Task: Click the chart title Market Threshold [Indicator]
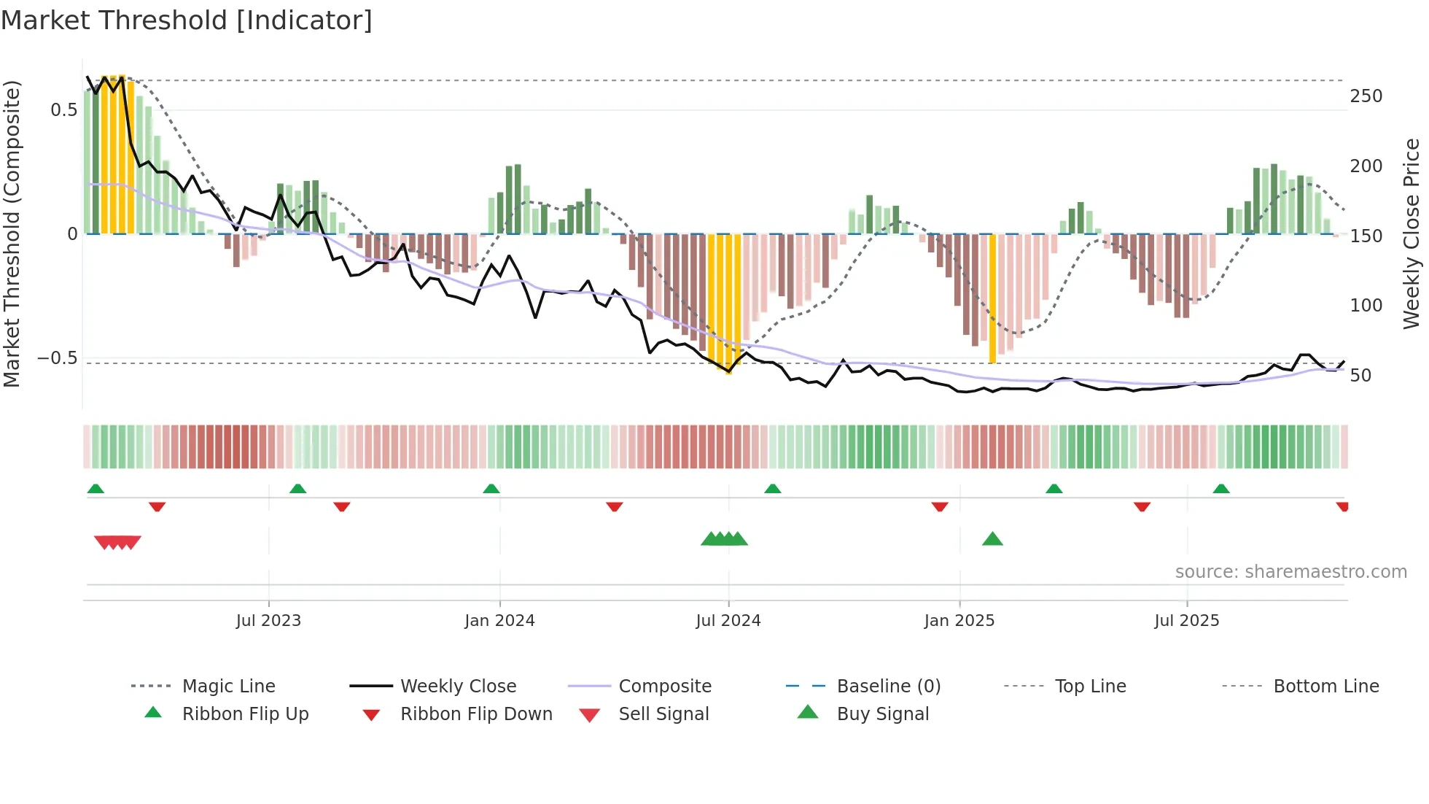[187, 20]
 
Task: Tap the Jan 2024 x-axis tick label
[499, 621]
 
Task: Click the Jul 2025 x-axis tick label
[1186, 621]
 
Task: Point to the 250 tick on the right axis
[1366, 96]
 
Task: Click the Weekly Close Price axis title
[1412, 233]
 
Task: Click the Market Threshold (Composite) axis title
[12, 233]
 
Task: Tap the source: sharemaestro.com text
[1290, 572]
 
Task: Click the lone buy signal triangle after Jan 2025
[992, 540]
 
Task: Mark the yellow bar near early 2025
[992, 299]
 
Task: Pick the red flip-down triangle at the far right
[1342, 506]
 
